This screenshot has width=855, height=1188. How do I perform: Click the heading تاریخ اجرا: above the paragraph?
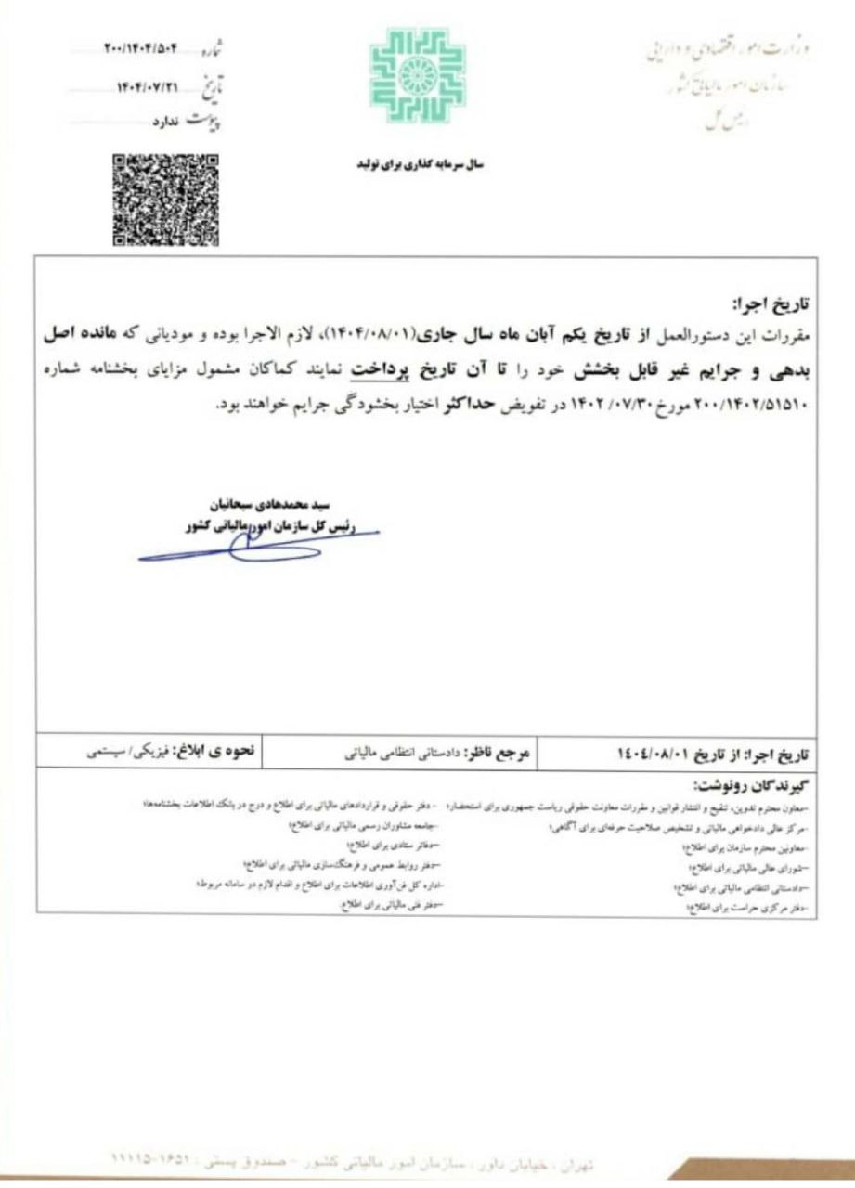click(773, 304)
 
